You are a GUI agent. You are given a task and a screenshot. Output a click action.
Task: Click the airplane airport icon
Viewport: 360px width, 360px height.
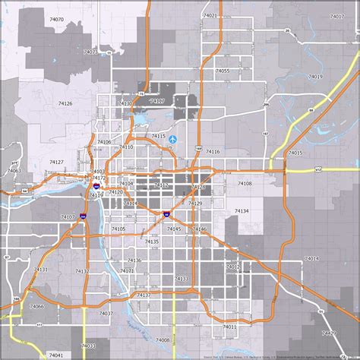coord(173,139)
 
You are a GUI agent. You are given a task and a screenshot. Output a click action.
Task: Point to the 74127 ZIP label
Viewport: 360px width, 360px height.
coord(56,162)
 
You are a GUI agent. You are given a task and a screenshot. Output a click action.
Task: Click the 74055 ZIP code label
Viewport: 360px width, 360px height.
coord(223,70)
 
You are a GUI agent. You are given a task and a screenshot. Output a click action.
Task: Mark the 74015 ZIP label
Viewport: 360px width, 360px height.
coord(295,153)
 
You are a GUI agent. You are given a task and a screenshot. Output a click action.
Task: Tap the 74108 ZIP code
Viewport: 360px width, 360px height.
coord(245,183)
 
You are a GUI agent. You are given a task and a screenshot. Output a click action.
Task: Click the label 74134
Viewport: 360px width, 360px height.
coord(242,210)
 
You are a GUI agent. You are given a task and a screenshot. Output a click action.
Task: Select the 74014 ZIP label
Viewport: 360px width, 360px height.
coord(311,258)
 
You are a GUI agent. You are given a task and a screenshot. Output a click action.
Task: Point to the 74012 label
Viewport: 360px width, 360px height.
coord(232,267)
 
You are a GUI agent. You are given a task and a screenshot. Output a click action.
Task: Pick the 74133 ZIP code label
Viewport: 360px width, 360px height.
coord(181,279)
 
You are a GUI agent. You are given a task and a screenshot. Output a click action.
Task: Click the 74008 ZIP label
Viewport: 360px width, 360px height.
coord(162,340)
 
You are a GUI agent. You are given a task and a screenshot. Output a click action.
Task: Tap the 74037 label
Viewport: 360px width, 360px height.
coord(106,313)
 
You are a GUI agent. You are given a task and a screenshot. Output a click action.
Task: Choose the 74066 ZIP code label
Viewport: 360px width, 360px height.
coord(36,306)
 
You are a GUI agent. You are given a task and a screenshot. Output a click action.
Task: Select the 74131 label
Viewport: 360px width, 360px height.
coord(41,270)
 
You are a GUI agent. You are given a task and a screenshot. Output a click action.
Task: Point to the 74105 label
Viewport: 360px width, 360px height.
coord(119,229)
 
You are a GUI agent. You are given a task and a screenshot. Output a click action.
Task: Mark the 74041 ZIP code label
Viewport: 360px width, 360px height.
coord(55,355)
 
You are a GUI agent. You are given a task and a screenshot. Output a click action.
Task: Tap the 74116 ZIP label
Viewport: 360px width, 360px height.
coord(213,152)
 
